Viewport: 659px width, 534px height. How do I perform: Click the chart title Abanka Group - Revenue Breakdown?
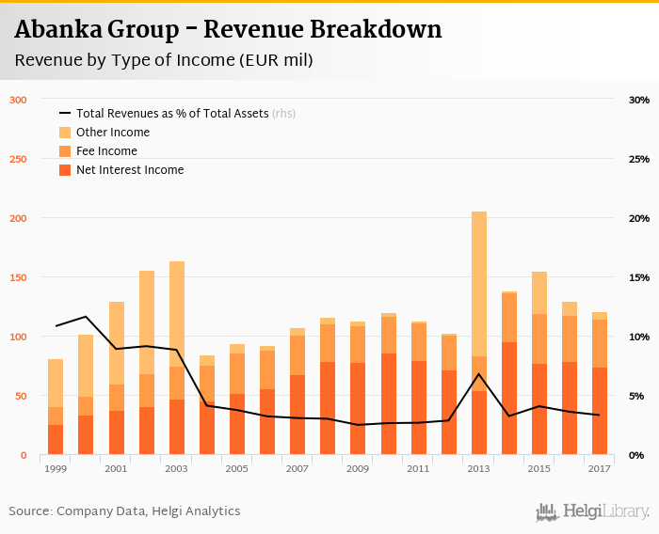228,30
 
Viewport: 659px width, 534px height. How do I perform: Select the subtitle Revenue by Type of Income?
164,60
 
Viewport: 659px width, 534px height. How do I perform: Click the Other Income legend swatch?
65,133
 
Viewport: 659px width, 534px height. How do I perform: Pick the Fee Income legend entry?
106,151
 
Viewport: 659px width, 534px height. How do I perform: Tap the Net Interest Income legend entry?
130,170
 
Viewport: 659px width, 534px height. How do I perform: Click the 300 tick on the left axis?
19,100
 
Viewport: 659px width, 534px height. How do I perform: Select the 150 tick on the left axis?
19,277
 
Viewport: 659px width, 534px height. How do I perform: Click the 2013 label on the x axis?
478,468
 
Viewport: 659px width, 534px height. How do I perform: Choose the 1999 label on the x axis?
56,468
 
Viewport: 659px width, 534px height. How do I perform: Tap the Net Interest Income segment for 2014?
509,399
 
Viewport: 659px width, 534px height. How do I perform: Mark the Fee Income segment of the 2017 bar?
600,343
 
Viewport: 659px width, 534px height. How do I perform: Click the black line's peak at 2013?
479,374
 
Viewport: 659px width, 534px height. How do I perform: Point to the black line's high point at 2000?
86,317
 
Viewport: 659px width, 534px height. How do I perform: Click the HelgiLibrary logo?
592,511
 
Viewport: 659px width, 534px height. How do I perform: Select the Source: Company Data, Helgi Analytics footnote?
124,511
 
